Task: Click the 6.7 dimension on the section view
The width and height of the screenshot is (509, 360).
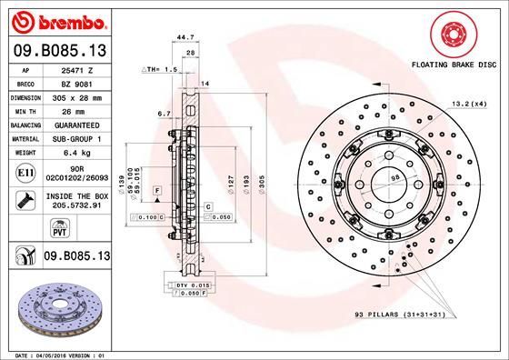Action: [164, 115]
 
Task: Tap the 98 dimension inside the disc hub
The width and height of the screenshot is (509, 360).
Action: [395, 177]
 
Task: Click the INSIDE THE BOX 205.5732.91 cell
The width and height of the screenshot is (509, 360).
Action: [73, 201]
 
